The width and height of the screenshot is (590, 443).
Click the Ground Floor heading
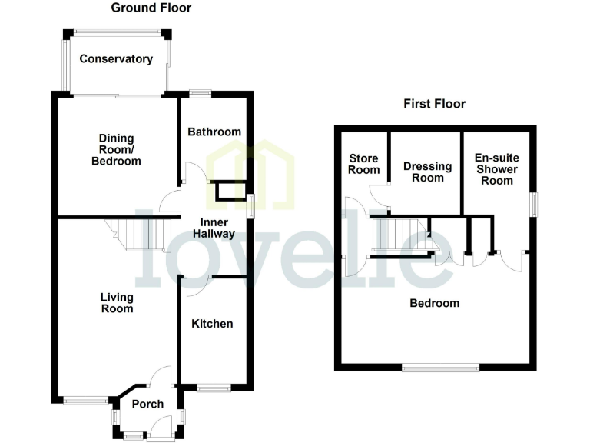pyautogui.click(x=151, y=8)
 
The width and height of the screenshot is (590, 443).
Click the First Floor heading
pyautogui.click(x=435, y=104)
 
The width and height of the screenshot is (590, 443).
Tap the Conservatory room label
pyautogui.click(x=116, y=58)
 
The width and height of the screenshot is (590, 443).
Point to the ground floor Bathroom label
pyautogui.click(x=214, y=132)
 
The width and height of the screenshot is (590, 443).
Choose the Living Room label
pyautogui.click(x=117, y=302)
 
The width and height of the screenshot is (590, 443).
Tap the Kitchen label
pyautogui.click(x=212, y=324)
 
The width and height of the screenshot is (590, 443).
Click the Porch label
pyautogui.click(x=147, y=404)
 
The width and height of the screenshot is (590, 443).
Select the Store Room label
pyautogui.click(x=364, y=164)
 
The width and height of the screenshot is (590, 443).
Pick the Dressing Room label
pyautogui.click(x=423, y=171)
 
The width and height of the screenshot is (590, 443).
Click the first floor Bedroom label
pyautogui.click(x=434, y=303)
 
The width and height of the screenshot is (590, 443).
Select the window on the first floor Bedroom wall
pyautogui.click(x=440, y=368)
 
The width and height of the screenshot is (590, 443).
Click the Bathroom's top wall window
pyautogui.click(x=201, y=94)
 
